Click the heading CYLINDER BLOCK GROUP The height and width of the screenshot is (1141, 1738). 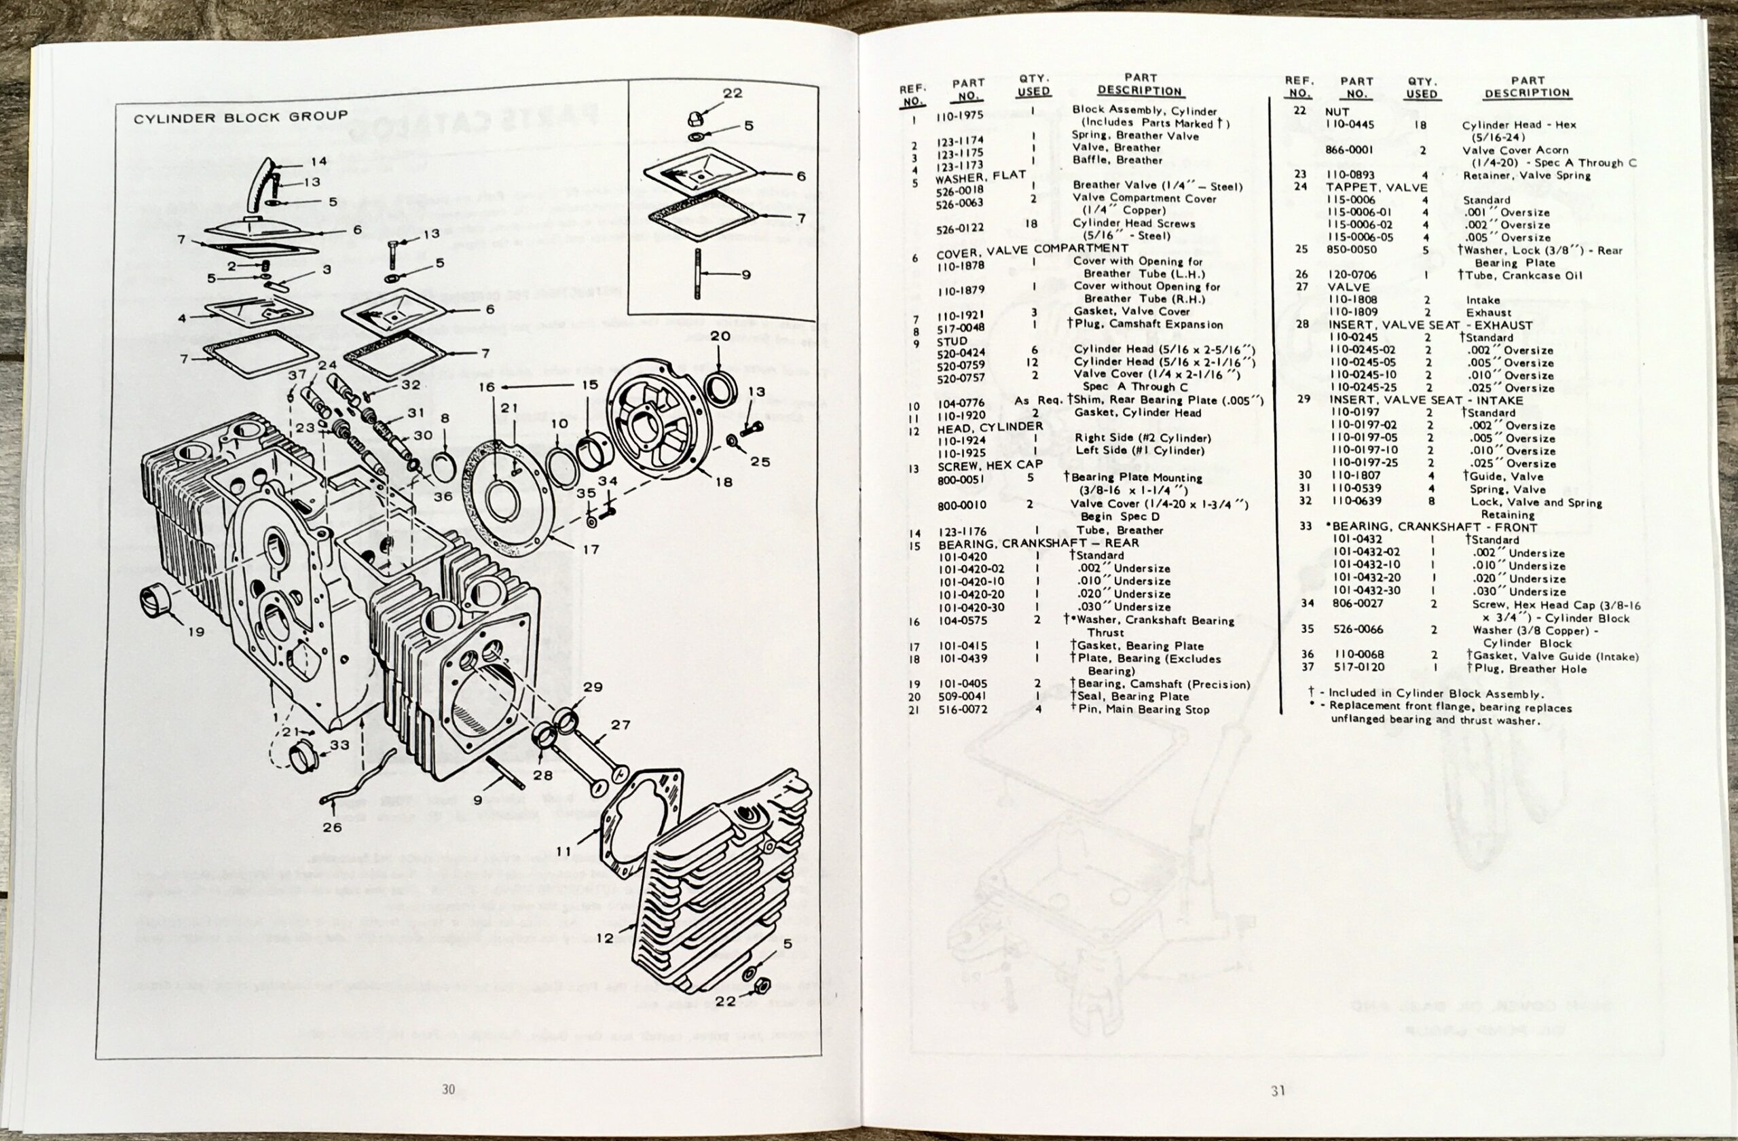240,117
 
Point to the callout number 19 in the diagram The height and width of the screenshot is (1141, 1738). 195,630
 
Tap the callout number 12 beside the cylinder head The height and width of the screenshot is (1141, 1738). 605,937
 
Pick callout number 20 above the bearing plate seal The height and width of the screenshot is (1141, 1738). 720,336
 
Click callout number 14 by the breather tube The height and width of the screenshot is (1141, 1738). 319,162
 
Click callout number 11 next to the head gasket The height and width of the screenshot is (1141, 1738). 563,851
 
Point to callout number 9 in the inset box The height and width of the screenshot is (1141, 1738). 745,274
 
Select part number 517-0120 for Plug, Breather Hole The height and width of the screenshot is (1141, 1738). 1356,667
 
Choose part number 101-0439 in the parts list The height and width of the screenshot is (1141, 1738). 962,658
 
